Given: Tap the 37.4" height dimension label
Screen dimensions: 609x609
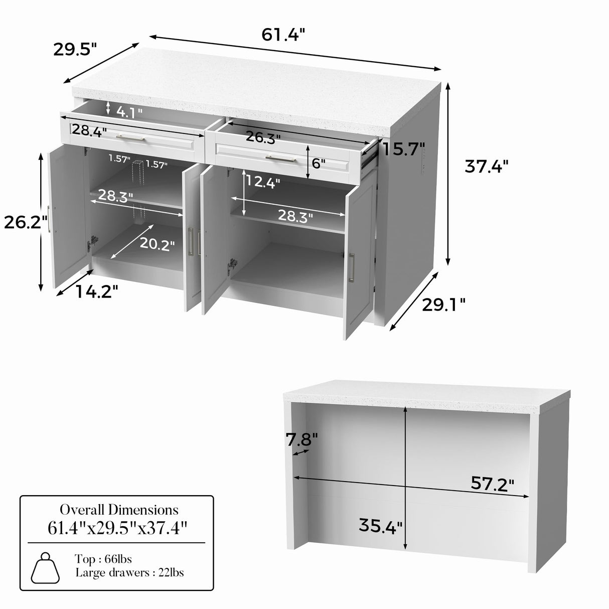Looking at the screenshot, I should tap(486, 166).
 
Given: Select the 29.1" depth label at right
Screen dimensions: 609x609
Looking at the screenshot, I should tap(443, 304).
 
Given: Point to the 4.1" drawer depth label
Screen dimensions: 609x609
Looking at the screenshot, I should tap(129, 112).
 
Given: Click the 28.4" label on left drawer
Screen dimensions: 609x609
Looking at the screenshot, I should tap(89, 131).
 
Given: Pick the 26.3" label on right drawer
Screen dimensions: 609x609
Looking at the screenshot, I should tap(263, 137).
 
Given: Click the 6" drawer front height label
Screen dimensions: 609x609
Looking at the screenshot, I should tap(319, 163).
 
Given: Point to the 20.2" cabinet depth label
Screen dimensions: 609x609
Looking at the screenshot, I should tap(157, 244).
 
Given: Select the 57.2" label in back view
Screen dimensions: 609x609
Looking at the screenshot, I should tap(493, 484).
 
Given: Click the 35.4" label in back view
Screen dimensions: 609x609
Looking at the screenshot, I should tap(381, 526).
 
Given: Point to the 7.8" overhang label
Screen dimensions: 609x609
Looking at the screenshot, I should tap(302, 440).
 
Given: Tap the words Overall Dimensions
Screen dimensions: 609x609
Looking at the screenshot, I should tap(119, 510).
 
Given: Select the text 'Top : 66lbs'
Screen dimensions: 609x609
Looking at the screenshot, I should tap(103, 559).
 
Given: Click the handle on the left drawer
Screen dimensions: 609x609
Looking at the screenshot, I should tap(130, 138).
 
